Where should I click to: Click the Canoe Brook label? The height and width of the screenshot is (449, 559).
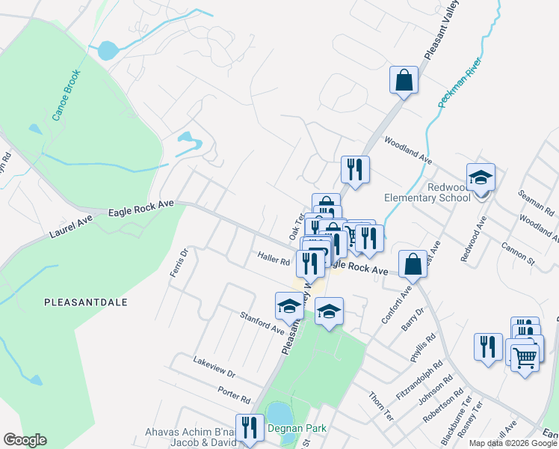tap(66, 96)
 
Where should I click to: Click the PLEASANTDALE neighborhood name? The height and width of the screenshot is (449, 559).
tap(85, 302)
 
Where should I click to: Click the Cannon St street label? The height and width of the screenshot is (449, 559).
tap(519, 254)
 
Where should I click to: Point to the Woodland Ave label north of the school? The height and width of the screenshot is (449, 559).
tap(408, 150)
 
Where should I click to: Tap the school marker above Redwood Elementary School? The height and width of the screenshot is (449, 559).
tap(481, 178)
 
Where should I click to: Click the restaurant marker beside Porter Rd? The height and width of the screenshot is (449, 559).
tap(250, 429)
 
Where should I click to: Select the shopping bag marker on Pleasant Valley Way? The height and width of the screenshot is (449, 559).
tap(404, 81)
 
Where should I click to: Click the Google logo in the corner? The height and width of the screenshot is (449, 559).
tap(25, 440)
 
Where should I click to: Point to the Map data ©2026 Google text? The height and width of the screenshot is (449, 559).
tap(512, 443)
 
